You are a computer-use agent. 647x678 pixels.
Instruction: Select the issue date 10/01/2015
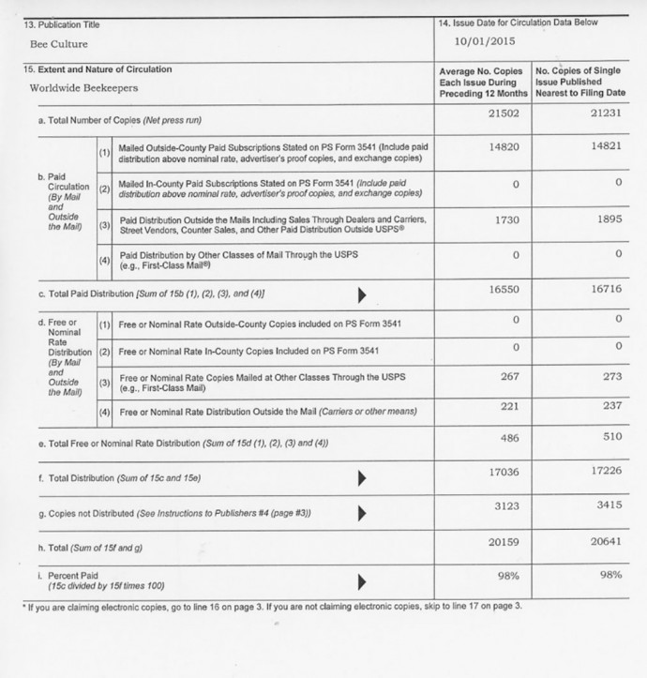486,41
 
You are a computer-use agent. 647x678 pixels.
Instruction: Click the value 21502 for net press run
504,113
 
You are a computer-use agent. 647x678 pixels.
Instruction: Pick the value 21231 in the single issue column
605,113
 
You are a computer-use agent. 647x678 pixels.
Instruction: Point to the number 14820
504,146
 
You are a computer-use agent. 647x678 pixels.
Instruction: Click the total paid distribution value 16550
504,291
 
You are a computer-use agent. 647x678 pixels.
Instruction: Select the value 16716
605,289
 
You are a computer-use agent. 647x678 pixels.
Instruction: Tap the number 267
509,376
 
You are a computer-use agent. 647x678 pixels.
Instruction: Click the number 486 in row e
509,437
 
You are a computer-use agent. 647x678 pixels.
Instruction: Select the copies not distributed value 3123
505,507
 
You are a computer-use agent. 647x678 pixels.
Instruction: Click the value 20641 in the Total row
605,541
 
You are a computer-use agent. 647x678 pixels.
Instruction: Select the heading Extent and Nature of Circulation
98,69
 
